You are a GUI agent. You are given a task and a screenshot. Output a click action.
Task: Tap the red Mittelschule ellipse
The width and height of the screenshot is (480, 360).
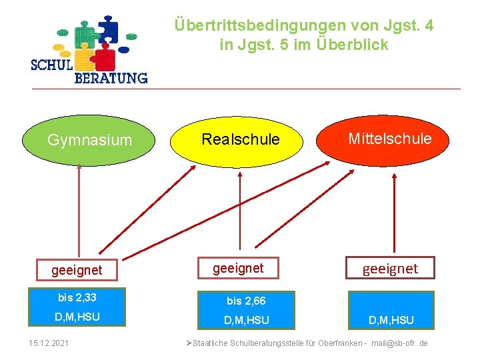pos(389,139)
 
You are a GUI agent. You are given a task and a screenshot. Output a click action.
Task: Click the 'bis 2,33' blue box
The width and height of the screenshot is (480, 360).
pos(77,297)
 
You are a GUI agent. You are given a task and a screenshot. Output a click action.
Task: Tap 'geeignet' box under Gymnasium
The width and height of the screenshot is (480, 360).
pos(77,270)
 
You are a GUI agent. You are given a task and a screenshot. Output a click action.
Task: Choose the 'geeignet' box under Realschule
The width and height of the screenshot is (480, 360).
pos(238,268)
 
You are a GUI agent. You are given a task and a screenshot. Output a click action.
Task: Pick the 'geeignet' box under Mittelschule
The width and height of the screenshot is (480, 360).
pos(390,268)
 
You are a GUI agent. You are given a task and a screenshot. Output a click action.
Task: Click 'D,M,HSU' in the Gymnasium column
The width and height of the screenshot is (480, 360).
pos(77,317)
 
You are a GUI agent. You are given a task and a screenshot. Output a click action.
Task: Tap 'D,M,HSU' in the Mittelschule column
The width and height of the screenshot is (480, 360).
pos(391,320)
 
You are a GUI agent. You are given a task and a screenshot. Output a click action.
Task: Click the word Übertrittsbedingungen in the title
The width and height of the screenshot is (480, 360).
pos(259,25)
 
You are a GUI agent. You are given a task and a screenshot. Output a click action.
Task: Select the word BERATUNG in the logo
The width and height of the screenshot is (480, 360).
pos(110,78)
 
